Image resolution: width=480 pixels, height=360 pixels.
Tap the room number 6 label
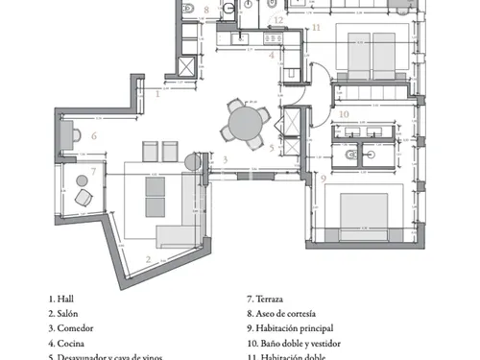pyautogui.click(x=94, y=135)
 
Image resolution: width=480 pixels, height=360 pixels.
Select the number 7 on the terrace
pyautogui.click(x=93, y=172)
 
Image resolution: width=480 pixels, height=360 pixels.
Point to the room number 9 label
pyautogui.click(x=324, y=178)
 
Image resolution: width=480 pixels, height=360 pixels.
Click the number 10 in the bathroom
pyautogui.click(x=344, y=114)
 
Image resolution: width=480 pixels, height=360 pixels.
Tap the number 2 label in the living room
pyautogui.click(x=147, y=259)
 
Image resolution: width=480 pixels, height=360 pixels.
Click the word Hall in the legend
pyautogui.click(x=66, y=299)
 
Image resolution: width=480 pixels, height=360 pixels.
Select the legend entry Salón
pyautogui.click(x=69, y=313)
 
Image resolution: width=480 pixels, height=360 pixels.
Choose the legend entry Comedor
pyautogui.click(x=75, y=327)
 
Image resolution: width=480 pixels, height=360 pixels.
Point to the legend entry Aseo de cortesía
pyautogui.click(x=287, y=313)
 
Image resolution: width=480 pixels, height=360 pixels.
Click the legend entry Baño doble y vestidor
pyautogui.click(x=298, y=342)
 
